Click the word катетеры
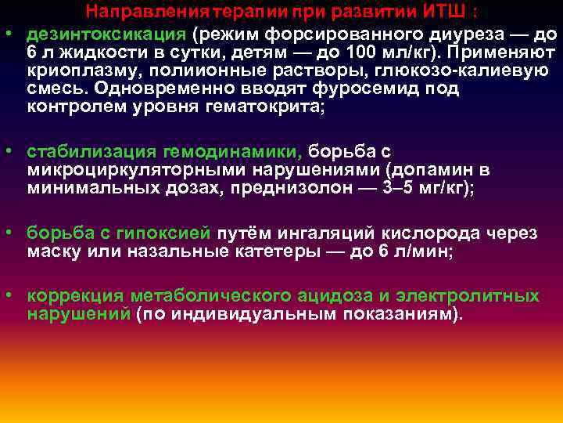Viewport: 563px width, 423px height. click(x=277, y=251)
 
